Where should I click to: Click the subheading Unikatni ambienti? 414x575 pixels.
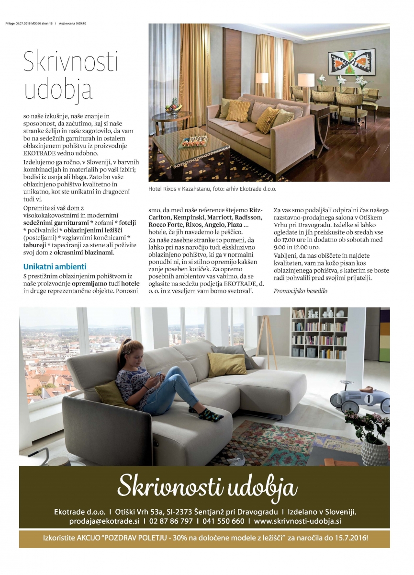tap(55, 266)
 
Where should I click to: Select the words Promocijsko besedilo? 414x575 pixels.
tap(301, 291)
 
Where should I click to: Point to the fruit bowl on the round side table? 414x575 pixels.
tap(171, 107)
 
